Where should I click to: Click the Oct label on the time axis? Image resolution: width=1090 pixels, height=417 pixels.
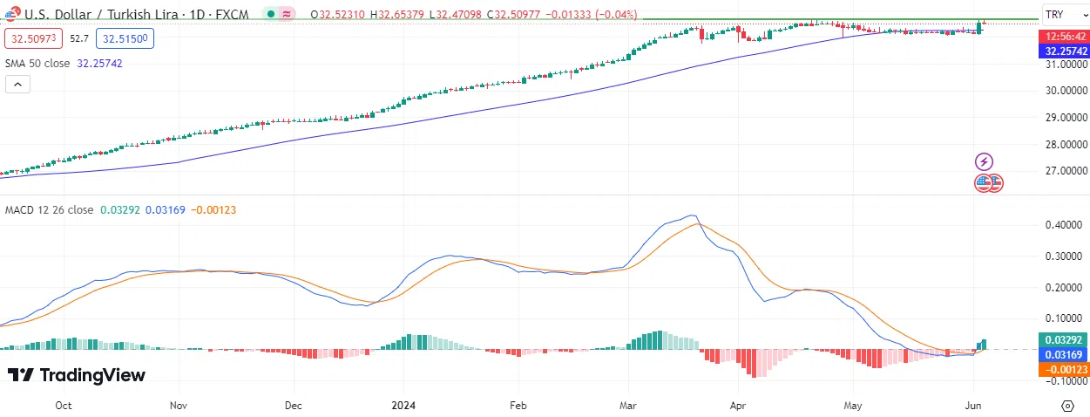(63, 406)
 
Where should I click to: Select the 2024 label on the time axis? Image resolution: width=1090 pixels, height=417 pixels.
(403, 406)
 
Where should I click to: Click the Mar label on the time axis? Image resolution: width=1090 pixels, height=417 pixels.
(627, 406)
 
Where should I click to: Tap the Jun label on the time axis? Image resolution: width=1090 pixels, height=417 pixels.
(973, 406)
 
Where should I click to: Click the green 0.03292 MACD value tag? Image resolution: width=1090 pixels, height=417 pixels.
(1062, 340)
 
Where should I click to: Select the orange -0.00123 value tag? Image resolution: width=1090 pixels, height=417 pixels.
(1062, 369)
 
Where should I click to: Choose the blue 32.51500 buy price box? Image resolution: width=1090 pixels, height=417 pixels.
(125, 38)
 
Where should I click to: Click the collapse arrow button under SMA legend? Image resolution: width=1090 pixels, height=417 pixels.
(17, 85)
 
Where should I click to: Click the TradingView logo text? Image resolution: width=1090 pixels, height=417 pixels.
(77, 375)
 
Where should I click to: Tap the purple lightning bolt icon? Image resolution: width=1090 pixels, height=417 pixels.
(984, 161)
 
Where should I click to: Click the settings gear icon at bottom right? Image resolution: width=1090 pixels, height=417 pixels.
(1067, 406)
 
